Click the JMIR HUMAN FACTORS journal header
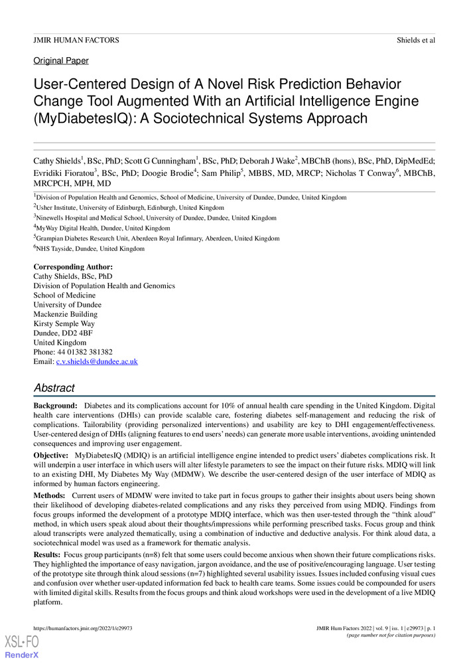[76, 41]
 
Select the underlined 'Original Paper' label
[61, 61]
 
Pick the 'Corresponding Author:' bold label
[73, 267]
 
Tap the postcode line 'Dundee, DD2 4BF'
[63, 333]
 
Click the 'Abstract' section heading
[54, 388]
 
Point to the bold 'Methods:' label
[50, 496]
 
